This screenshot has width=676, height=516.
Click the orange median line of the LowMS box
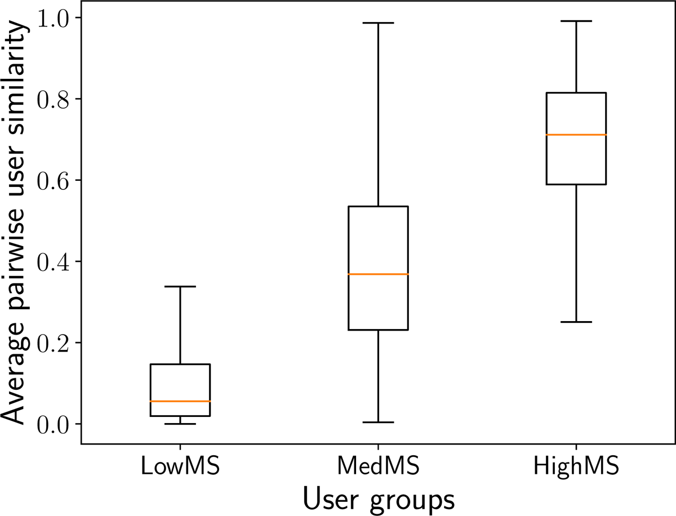[180, 401]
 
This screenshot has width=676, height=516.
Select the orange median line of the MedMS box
[378, 274]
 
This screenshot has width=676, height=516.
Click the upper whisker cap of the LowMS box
[180, 287]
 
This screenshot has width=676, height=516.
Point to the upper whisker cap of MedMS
[378, 23]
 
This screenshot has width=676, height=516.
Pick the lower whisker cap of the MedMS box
[378, 422]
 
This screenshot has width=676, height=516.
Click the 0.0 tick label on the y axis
[53, 424]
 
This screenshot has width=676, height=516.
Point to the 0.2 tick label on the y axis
[53, 342]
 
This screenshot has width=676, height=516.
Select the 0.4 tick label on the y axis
[53, 261]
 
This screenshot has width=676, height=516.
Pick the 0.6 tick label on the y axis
[53, 180]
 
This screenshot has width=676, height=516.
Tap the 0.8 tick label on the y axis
[53, 99]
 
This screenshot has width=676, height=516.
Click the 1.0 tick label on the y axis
[53, 18]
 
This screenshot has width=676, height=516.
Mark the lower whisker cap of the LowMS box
[180, 424]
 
